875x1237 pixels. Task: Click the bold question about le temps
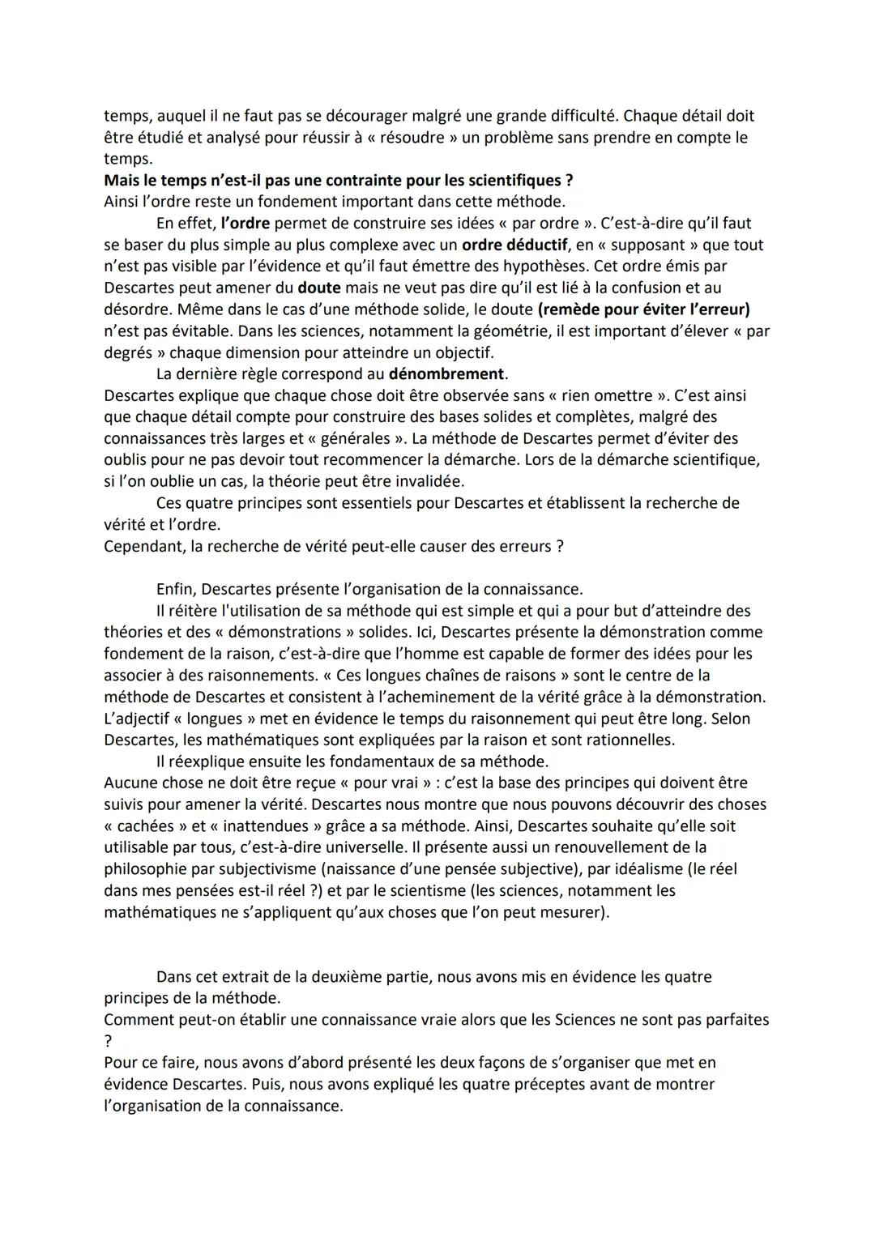(339, 180)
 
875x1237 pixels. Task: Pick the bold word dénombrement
(446, 374)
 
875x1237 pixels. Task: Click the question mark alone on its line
(108, 1041)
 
